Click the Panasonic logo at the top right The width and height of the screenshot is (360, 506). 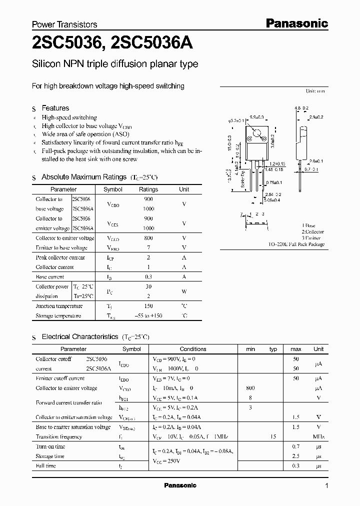(296, 23)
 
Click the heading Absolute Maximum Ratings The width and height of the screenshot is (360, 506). (84, 177)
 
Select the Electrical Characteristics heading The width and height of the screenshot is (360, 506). (80, 337)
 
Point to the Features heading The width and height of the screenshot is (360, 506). (55, 108)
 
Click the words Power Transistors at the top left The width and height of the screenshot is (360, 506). (64, 24)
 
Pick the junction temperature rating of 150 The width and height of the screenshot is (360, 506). (148, 306)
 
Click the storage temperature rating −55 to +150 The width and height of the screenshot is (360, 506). (148, 316)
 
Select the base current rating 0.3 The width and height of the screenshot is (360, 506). (148, 276)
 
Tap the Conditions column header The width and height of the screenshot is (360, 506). (193, 349)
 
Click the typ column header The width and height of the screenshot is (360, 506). (273, 349)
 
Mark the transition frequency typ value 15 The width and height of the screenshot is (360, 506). (273, 436)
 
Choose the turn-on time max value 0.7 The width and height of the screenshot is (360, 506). (296, 446)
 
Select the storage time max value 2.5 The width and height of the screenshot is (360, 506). (296, 456)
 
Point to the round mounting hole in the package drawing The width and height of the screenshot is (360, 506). (257, 134)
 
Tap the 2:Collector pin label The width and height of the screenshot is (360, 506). (312, 232)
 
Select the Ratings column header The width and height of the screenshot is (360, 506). (148, 189)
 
